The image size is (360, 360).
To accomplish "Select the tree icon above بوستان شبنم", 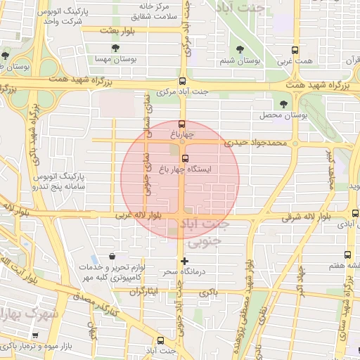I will (x=241, y=49).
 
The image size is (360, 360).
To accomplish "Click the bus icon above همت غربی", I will (x=295, y=50).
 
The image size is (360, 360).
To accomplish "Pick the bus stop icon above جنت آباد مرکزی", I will (x=183, y=80).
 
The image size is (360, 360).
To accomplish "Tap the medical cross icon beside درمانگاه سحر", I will (x=185, y=262).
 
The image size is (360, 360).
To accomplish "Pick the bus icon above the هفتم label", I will (x=347, y=255).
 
